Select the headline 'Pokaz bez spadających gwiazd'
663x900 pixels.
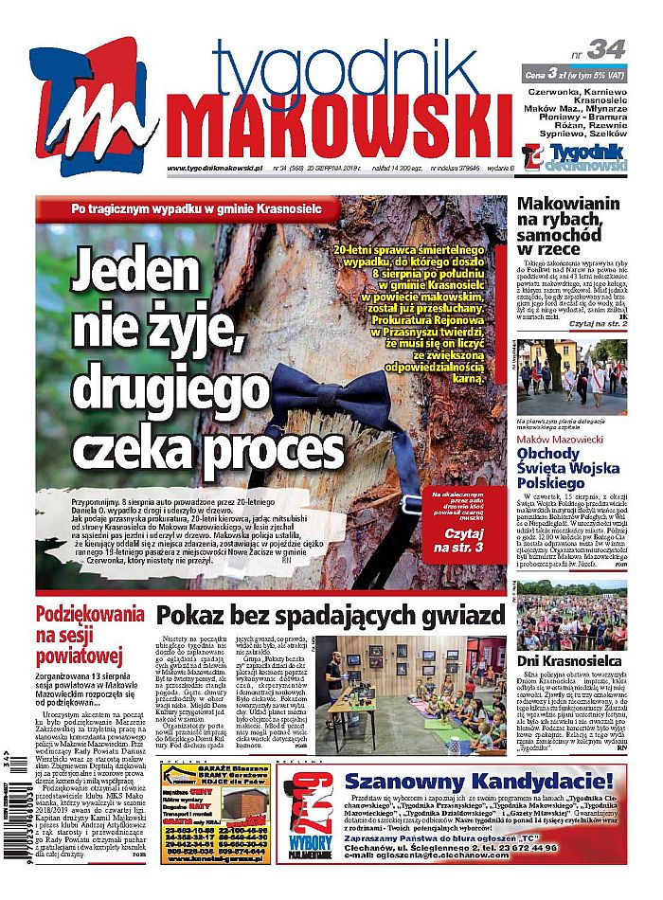click(x=330, y=617)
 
